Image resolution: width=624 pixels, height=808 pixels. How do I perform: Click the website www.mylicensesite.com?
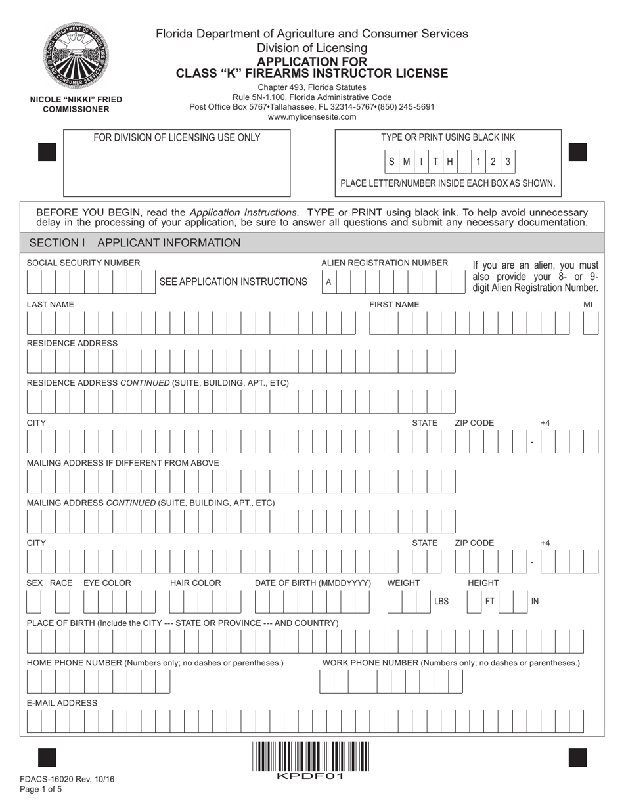[312, 117]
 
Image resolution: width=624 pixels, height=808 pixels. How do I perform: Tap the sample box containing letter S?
[392, 162]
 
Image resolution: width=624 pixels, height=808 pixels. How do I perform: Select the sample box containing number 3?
[507, 162]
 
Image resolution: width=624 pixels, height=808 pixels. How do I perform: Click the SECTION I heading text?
[58, 243]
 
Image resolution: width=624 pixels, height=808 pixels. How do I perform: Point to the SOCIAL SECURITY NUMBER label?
[83, 263]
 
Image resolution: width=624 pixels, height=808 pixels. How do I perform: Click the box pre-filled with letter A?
[328, 282]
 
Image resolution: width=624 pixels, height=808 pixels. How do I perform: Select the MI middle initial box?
[591, 323]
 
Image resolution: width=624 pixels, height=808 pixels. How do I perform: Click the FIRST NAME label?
[394, 304]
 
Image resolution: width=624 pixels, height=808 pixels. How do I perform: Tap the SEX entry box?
[33, 601]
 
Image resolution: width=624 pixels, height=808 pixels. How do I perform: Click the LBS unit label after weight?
[441, 601]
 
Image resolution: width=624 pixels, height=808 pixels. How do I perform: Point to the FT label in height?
[490, 601]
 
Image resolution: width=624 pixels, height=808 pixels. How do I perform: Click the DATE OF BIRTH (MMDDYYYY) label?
[313, 583]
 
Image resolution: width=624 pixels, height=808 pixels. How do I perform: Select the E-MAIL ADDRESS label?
[62, 703]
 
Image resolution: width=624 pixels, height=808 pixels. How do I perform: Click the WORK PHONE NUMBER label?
[451, 663]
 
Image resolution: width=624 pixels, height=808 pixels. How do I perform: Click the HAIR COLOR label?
[196, 583]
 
